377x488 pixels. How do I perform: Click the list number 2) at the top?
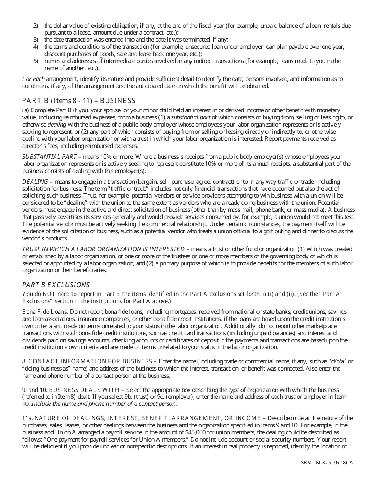pyautogui.click(x=35, y=26)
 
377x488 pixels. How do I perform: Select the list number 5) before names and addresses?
pyautogui.click(x=35, y=61)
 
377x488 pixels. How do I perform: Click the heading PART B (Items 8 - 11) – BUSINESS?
pyautogui.click(x=79, y=101)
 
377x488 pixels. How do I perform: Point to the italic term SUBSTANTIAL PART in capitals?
pyautogui.click(x=49, y=157)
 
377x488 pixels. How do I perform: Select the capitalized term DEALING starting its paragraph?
pyautogui.click(x=35, y=181)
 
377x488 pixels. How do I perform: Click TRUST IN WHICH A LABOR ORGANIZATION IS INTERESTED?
pyautogui.click(x=103, y=249)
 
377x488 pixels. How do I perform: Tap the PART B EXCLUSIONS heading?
pyautogui.click(x=56, y=285)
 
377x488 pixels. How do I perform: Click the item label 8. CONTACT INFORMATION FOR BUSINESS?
pyautogui.click(x=87, y=361)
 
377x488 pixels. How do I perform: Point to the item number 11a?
pyautogui.click(x=27, y=418)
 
